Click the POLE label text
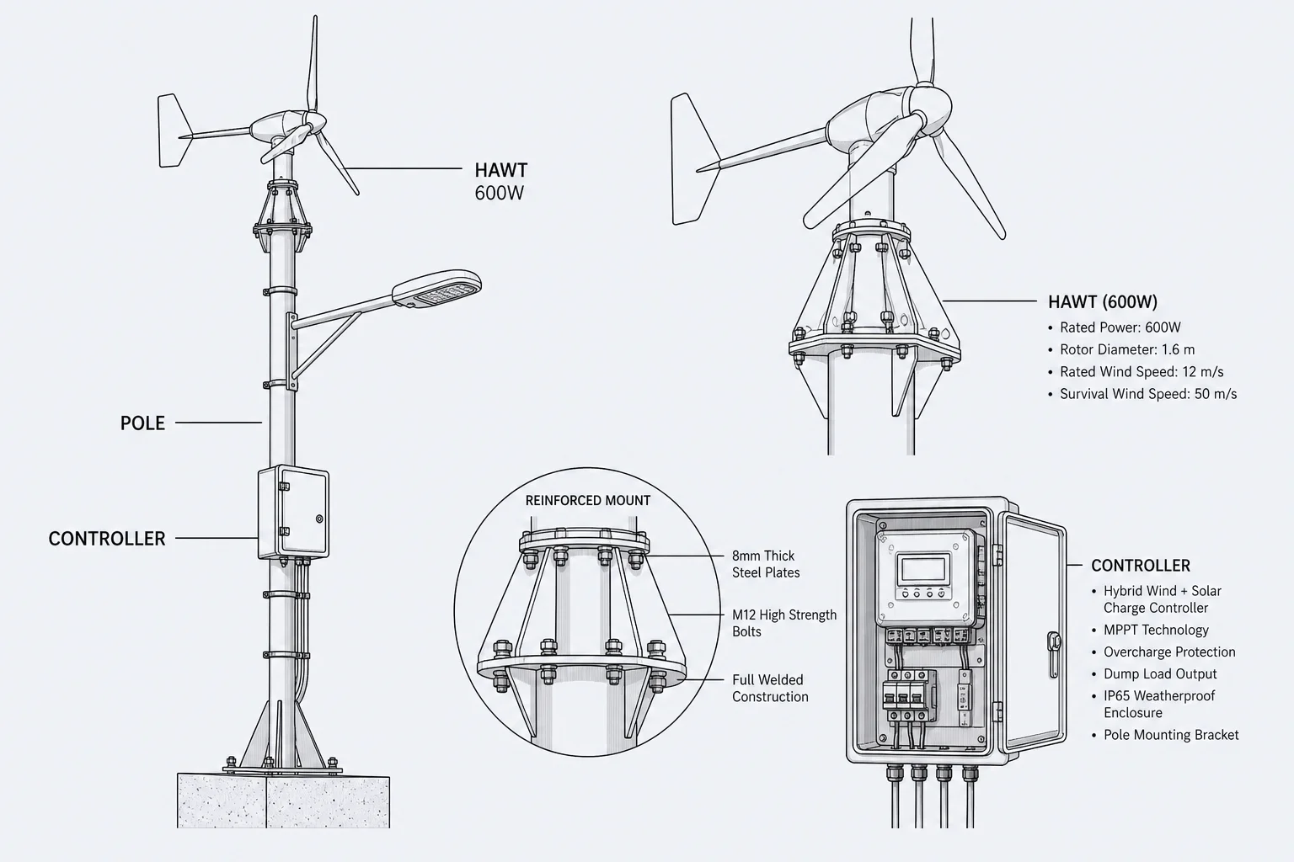142,423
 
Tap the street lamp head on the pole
436,288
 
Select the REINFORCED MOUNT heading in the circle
587,501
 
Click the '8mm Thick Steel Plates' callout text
766,564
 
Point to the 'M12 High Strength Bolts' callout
784,623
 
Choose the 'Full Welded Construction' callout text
769,689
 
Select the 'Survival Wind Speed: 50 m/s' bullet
1142,394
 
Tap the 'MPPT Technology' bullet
1150,630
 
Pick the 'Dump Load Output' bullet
1153,673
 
